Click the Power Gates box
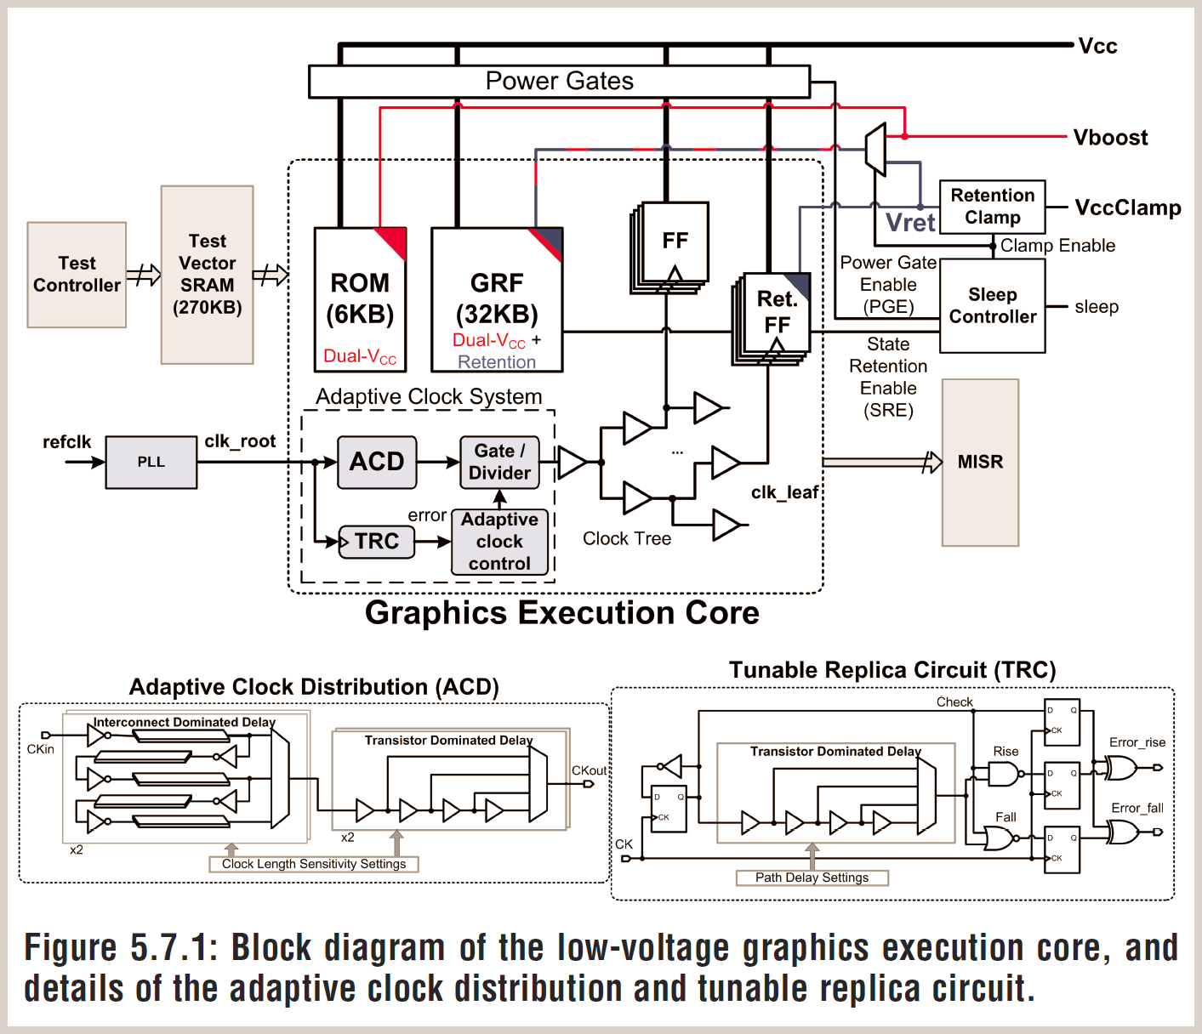point(559,82)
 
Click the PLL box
point(151,463)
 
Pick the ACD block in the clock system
point(377,462)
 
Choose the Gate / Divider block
point(499,462)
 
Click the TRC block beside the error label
point(377,542)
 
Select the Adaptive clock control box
point(499,542)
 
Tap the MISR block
point(980,462)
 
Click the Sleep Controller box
point(992,306)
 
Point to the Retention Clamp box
point(992,207)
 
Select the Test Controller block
point(77,275)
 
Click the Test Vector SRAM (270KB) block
point(208,275)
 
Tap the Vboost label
point(1110,138)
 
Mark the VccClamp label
point(1127,208)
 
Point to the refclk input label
point(66,442)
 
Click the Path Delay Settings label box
point(812,878)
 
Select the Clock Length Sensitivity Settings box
point(314,864)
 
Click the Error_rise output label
point(1136,742)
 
